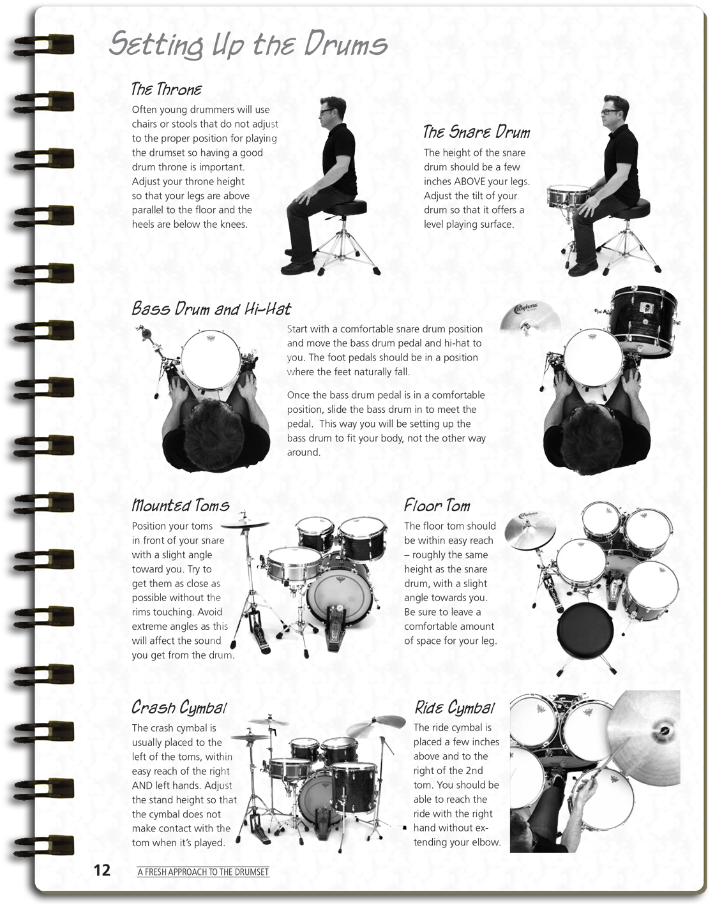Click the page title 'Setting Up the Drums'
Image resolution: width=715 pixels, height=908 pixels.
(x=248, y=44)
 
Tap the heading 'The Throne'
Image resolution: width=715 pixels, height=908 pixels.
(x=166, y=89)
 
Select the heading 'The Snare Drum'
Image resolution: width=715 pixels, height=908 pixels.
(x=476, y=132)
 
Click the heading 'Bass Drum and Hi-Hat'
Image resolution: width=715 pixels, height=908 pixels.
(x=211, y=309)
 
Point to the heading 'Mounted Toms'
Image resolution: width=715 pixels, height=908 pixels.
(x=180, y=505)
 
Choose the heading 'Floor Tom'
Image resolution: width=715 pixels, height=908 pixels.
(x=437, y=505)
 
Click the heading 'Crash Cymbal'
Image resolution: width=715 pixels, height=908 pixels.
(x=179, y=707)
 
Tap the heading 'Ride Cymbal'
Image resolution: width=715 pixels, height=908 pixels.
(x=454, y=707)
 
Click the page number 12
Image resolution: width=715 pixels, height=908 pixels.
(x=102, y=870)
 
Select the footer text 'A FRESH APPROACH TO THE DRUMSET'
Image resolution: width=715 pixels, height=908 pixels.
(x=203, y=872)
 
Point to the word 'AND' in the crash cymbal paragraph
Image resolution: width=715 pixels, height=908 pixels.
(x=141, y=785)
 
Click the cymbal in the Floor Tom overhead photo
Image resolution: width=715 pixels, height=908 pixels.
(x=529, y=529)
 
